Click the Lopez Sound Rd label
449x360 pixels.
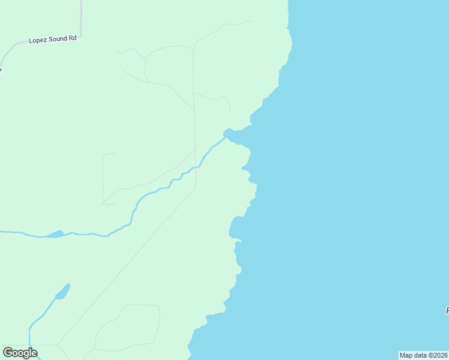click(x=53, y=40)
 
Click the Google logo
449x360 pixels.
click(x=20, y=353)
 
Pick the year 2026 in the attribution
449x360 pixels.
click(x=440, y=355)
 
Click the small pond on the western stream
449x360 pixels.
click(x=55, y=234)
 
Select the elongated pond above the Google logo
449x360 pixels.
click(x=62, y=292)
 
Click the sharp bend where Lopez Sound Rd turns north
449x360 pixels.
click(x=79, y=35)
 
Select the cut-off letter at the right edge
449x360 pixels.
click(x=447, y=311)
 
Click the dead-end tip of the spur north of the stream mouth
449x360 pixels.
click(x=230, y=111)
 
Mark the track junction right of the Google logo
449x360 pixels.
click(x=58, y=345)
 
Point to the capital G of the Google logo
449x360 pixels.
click(x=8, y=353)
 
